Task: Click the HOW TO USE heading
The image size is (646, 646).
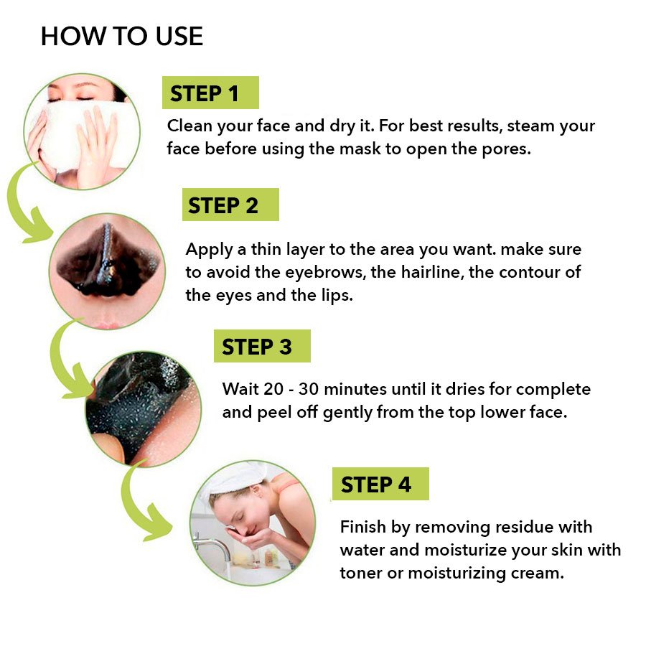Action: (x=122, y=36)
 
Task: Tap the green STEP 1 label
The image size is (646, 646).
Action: (x=210, y=93)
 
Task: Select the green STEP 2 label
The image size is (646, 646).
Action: (x=230, y=205)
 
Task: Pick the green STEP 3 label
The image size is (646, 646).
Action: (x=263, y=346)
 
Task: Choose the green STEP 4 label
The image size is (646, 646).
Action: (x=380, y=484)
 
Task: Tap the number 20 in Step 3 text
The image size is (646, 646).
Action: (x=273, y=389)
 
